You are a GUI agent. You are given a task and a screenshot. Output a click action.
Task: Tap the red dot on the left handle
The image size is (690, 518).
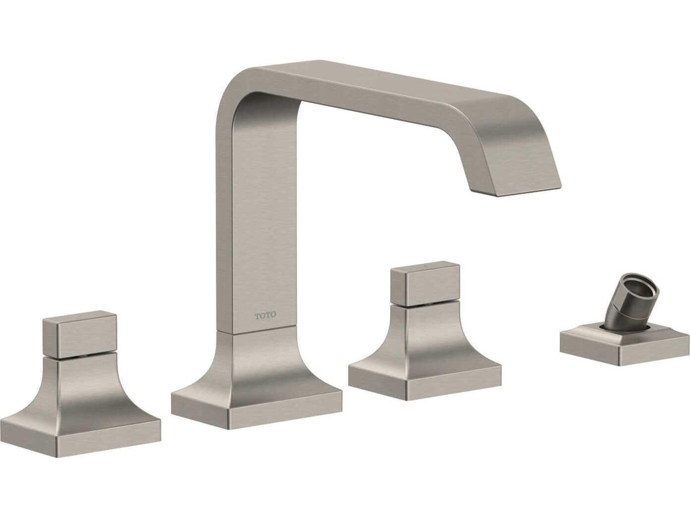tap(82, 317)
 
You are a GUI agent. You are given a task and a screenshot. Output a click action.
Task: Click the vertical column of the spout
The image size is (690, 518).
tap(256, 219)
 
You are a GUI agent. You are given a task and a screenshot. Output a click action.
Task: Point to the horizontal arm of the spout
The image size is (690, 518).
tap(390, 90)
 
